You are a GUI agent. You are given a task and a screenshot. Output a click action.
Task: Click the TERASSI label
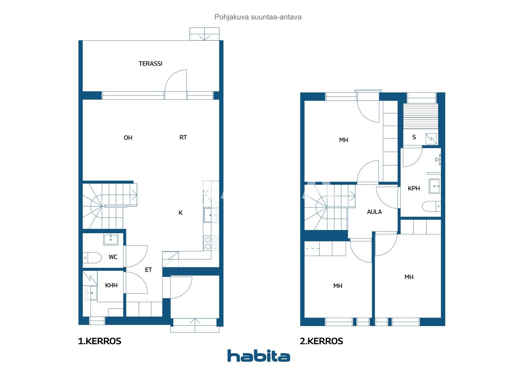(x=150, y=64)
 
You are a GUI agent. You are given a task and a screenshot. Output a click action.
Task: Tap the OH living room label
(x=128, y=138)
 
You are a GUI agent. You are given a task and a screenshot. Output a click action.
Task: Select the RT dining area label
(x=183, y=137)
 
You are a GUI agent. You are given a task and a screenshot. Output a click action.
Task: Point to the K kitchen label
(x=181, y=213)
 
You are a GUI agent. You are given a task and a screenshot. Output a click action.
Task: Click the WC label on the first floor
(x=113, y=257)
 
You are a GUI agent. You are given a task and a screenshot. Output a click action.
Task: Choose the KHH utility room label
(x=111, y=286)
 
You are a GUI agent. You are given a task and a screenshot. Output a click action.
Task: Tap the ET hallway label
(x=148, y=270)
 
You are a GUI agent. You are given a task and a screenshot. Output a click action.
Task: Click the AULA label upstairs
(x=375, y=212)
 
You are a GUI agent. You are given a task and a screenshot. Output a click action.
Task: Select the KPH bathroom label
(x=414, y=188)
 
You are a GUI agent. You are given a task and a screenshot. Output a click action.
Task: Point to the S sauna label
(x=414, y=137)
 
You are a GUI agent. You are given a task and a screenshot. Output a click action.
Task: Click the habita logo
(x=259, y=356)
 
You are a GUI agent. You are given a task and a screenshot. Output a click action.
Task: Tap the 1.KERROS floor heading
(x=100, y=341)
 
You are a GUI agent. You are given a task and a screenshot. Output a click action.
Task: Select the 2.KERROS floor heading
(x=321, y=341)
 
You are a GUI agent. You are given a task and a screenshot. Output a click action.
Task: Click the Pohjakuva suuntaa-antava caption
(x=258, y=17)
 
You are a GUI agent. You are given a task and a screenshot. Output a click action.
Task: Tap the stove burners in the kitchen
(x=211, y=243)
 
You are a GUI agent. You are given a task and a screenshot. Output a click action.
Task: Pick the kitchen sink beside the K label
(x=211, y=215)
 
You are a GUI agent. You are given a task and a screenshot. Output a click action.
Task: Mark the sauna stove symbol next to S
(x=431, y=139)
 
